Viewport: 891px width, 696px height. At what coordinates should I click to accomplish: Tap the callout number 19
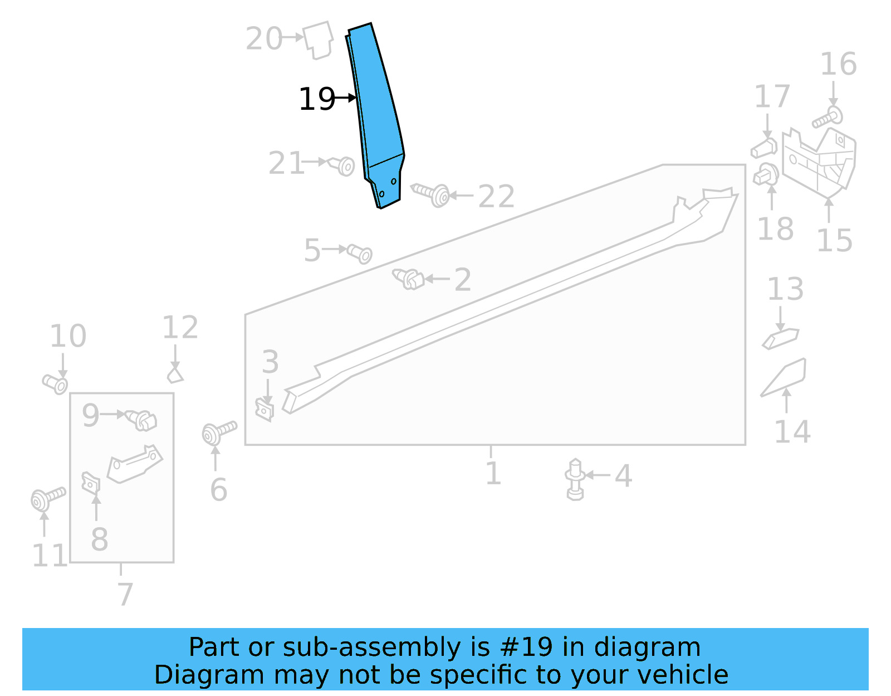317,100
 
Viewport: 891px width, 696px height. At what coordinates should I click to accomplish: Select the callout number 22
496,197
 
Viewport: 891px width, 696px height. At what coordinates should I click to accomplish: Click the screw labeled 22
432,193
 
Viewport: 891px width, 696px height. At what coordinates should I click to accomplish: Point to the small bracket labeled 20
318,39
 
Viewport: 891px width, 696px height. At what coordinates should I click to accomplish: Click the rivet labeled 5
360,254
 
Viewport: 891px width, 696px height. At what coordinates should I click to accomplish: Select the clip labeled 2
409,279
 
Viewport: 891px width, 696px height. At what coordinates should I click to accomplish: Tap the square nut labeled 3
265,410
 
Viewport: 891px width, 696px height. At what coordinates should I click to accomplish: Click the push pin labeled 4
575,479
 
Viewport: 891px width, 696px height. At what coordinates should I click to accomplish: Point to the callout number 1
493,473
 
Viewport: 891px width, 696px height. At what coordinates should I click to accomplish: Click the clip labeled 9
141,420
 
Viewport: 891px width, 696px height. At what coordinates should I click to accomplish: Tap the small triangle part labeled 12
175,374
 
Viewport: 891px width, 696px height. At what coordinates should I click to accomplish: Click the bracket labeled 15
819,162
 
